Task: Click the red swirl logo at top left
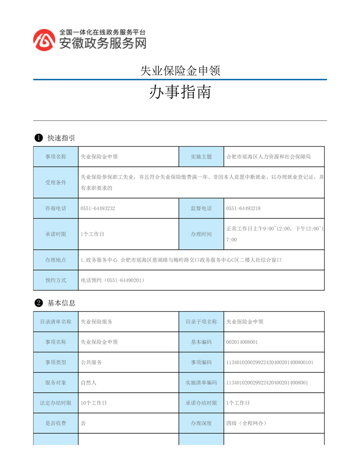coord(45,40)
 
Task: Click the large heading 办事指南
coord(180,92)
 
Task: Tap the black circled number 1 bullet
coord(38,138)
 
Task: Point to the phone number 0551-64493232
coord(98,208)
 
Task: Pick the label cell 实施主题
coord(201,157)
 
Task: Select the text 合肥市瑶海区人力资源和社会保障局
coord(269,157)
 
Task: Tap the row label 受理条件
coord(56,183)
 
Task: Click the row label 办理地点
coord(56,260)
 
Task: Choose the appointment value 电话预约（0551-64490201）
coord(113,280)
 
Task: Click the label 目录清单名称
coord(56,322)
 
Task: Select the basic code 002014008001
coord(242,342)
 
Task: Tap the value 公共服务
coord(91,362)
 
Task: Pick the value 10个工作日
coord(94,403)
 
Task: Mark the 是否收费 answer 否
coord(83,423)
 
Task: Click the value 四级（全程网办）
coord(246,423)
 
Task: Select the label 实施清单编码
coord(201,383)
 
